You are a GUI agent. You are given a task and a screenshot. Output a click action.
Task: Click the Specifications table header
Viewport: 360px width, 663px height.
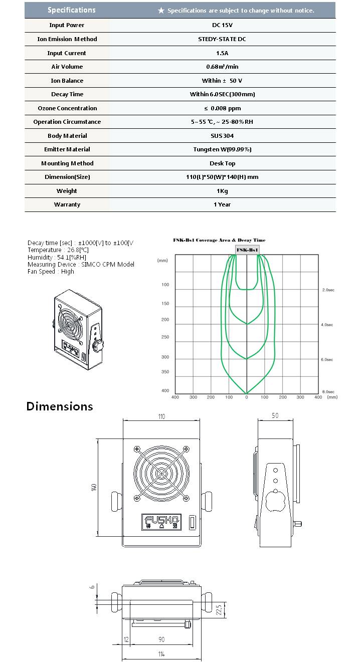(71, 10)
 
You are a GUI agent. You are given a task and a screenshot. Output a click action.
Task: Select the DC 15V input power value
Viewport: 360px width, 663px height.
(222, 25)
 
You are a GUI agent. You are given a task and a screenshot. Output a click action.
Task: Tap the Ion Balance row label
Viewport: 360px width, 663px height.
(67, 81)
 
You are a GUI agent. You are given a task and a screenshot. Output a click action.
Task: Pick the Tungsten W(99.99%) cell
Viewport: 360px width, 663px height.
(222, 149)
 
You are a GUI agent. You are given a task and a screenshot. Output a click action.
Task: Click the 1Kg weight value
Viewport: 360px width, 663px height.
(222, 191)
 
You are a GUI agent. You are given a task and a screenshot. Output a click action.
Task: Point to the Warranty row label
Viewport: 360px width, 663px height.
(67, 204)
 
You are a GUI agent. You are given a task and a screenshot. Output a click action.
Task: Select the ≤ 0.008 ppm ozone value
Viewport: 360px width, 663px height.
(222, 108)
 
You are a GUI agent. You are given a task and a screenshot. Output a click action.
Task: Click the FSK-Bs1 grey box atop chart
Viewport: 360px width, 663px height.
(247, 250)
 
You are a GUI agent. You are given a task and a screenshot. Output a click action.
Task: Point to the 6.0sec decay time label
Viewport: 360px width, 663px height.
(327, 360)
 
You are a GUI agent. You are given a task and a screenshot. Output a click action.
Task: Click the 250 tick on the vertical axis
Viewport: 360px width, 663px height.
(165, 337)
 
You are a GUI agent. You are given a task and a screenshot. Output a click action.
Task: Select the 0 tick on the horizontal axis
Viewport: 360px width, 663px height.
(247, 397)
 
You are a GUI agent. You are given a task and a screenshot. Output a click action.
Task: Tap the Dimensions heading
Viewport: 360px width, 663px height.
(60, 406)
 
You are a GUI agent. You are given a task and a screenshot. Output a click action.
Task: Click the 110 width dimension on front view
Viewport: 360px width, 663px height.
(161, 416)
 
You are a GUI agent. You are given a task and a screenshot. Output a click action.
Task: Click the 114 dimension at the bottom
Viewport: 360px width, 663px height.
(161, 654)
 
